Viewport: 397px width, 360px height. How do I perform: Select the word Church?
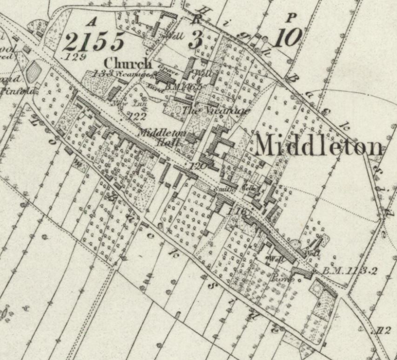(128, 63)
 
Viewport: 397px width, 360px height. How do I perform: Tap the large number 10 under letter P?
(287, 37)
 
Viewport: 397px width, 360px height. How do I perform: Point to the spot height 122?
(138, 117)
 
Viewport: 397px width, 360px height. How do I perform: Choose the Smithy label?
(224, 190)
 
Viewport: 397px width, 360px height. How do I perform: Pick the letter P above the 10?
(292, 18)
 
